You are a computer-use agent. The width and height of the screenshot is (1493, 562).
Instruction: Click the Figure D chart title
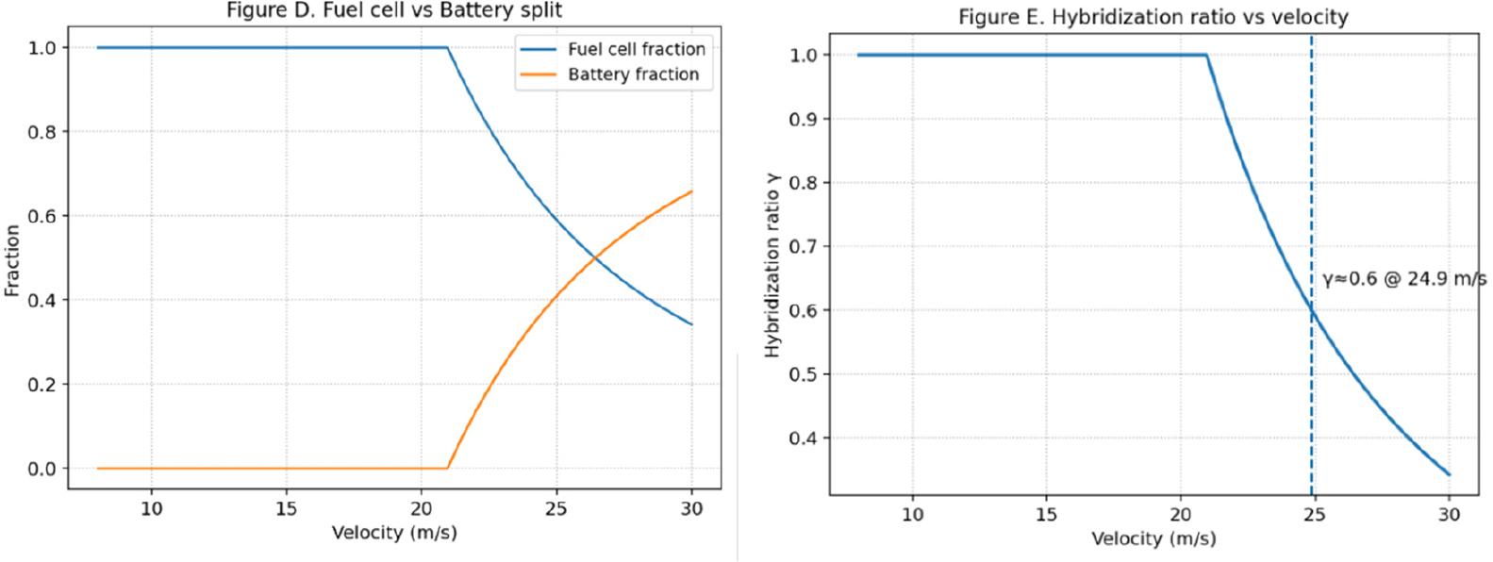(x=394, y=10)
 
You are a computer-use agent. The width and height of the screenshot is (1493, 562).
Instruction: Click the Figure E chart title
(x=1153, y=17)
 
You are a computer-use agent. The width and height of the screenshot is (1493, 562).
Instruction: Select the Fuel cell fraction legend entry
(x=636, y=49)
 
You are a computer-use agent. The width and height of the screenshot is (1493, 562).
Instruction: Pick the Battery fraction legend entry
(x=633, y=74)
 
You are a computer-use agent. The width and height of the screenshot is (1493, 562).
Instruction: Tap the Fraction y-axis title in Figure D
(x=12, y=260)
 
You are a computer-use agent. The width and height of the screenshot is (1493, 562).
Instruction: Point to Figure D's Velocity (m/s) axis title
(x=394, y=533)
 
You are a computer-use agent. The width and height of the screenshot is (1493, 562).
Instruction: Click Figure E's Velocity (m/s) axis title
(x=1153, y=538)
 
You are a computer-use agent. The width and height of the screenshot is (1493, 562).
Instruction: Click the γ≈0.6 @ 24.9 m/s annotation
(x=1404, y=279)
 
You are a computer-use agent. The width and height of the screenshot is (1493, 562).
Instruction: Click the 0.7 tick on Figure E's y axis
(x=804, y=246)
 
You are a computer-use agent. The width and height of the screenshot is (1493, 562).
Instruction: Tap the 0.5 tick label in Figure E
(x=804, y=374)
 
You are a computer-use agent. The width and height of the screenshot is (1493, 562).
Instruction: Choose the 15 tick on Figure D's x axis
(x=286, y=508)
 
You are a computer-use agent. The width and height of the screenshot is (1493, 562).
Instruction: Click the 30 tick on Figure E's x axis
(x=1449, y=514)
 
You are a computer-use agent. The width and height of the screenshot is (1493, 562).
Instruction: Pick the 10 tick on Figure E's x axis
(x=912, y=514)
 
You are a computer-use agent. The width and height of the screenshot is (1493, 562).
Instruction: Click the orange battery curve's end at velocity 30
(x=691, y=191)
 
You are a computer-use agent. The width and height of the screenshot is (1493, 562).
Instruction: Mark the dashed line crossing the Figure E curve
(x=1311, y=311)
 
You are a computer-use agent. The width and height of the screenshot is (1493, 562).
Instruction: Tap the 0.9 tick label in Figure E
(x=804, y=119)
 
